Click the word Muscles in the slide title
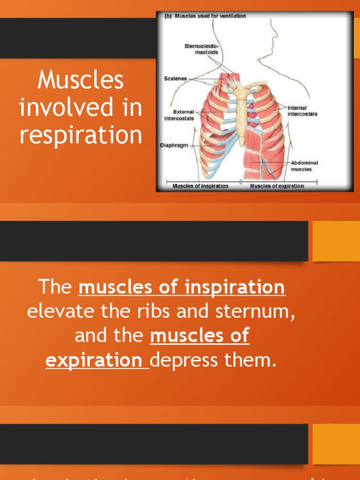(81, 80)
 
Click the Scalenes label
(175, 79)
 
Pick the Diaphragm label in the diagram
(174, 146)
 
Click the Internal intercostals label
(302, 111)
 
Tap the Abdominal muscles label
(305, 166)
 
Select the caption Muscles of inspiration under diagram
(200, 186)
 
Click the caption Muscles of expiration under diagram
(277, 186)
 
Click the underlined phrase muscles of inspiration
(182, 287)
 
